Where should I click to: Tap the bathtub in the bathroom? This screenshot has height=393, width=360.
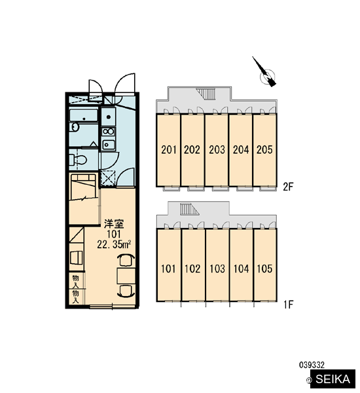coord(83,115)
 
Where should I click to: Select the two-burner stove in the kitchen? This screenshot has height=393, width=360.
coord(108,132)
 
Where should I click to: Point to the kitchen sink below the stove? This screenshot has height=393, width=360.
coord(108,145)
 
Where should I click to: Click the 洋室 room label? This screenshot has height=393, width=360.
coord(114,223)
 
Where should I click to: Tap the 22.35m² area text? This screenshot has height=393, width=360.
coord(114,244)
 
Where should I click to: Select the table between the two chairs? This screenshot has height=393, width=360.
coord(126,276)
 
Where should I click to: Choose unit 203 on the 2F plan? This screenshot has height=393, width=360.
coord(217,150)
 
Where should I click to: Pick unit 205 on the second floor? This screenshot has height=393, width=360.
coord(264,150)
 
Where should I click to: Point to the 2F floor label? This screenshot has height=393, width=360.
coord(288,187)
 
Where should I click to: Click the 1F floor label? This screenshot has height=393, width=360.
coord(289,305)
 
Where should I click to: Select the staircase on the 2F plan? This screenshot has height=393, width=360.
coord(207,94)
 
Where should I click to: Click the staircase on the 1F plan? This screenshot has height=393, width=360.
coord(189,209)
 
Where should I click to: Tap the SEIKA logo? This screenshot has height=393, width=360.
coord(333,379)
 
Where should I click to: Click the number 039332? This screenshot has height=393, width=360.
coord(312,365)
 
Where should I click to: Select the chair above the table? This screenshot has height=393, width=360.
coord(126,261)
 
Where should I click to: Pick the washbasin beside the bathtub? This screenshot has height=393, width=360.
coord(75,127)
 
